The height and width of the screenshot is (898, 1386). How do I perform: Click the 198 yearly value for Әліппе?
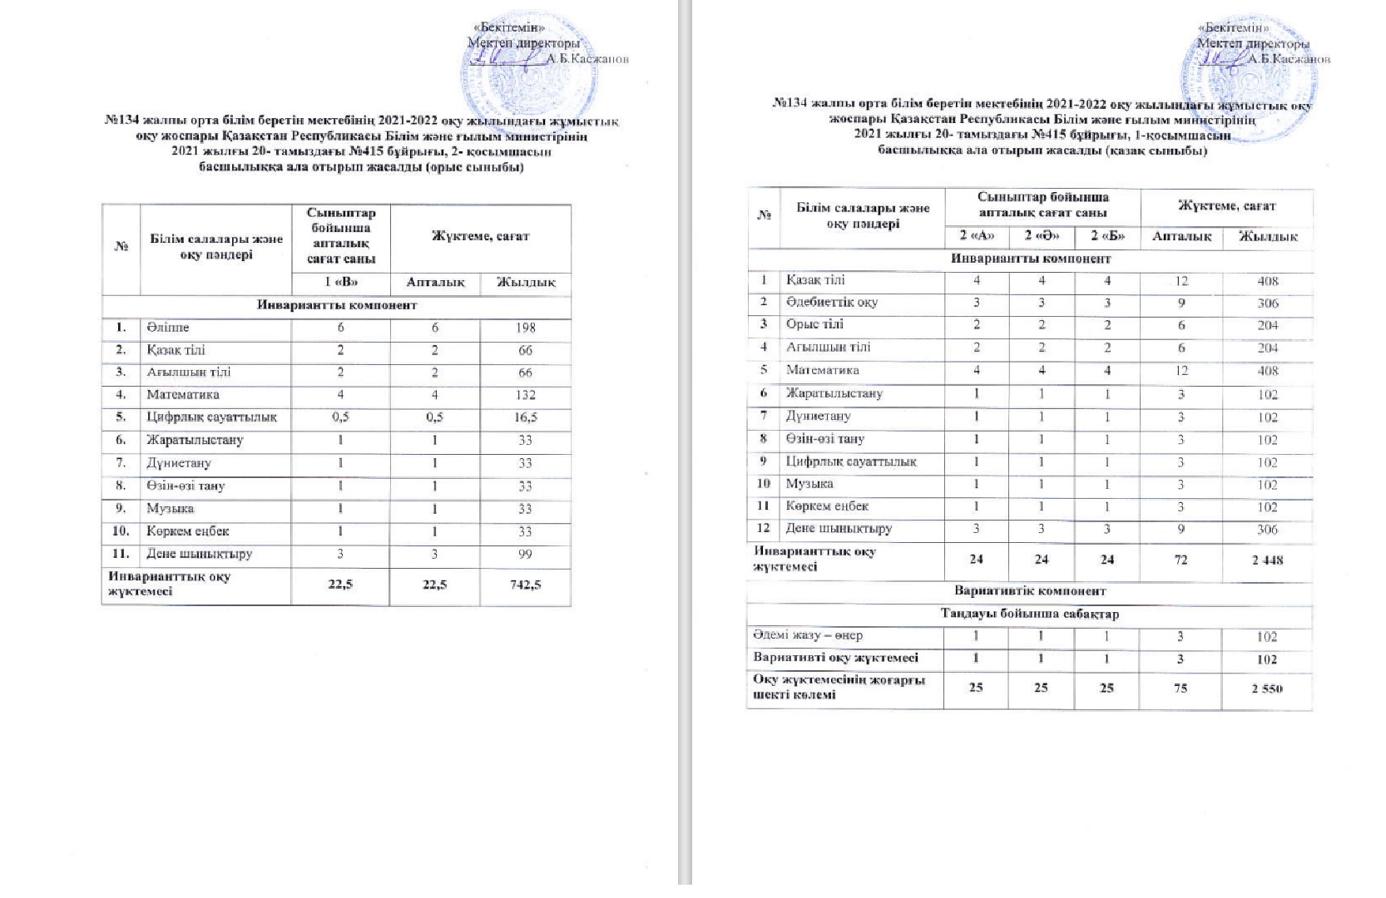tap(525, 328)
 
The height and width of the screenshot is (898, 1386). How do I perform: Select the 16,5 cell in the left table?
tap(525, 418)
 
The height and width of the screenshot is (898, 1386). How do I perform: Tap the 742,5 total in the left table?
tap(525, 585)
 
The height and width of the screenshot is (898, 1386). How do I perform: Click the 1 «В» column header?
tap(340, 283)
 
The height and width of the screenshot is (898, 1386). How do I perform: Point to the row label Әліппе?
tap(168, 328)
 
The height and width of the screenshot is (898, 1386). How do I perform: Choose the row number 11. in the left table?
tap(121, 554)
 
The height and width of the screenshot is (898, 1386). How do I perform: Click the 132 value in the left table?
tap(525, 395)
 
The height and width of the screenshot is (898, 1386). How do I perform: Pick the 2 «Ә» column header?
tap(1041, 236)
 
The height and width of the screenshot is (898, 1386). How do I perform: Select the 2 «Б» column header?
tap(1107, 236)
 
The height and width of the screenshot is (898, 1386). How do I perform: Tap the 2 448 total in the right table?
tap(1267, 560)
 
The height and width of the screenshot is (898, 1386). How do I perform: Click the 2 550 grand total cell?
tap(1267, 688)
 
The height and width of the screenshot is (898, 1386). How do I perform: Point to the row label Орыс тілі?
tap(814, 325)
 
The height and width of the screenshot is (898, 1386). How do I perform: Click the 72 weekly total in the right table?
tap(1181, 560)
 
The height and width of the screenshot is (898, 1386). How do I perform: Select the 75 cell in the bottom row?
tap(1181, 688)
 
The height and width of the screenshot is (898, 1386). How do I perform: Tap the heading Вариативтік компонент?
tap(1029, 591)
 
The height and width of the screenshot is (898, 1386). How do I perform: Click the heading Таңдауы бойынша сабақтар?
tap(1029, 614)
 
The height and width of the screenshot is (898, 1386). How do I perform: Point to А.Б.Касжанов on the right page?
tap(1289, 60)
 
